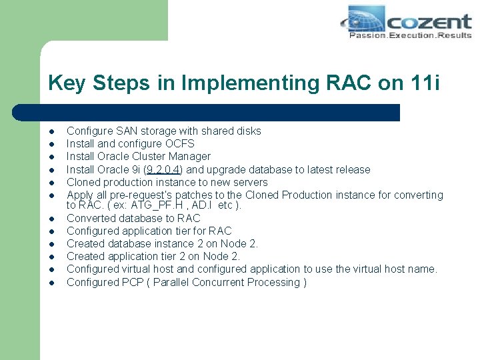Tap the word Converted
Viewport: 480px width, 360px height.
[x=91, y=218]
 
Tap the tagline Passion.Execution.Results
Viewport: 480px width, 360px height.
[x=410, y=35]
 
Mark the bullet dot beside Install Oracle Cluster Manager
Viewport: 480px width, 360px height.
[x=51, y=157]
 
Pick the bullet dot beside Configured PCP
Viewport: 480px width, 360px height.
[x=51, y=283]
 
